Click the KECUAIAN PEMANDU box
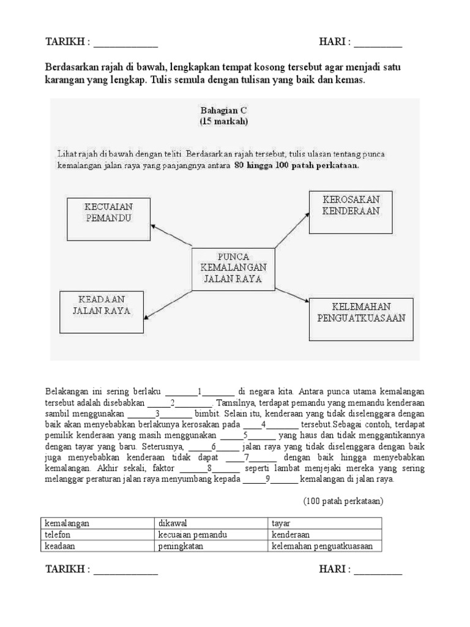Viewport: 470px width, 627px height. (107, 218)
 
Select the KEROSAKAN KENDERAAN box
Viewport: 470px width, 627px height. (351, 212)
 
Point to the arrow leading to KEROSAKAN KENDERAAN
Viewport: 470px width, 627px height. (291, 230)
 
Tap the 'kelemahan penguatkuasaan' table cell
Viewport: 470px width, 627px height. (324, 546)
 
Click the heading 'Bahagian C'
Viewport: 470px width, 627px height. (223, 110)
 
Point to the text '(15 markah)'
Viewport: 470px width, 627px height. (223, 121)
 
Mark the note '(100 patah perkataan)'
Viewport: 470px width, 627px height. (343, 501)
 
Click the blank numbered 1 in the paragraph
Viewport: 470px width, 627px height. (200, 391)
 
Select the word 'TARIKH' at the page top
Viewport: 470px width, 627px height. (66, 42)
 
